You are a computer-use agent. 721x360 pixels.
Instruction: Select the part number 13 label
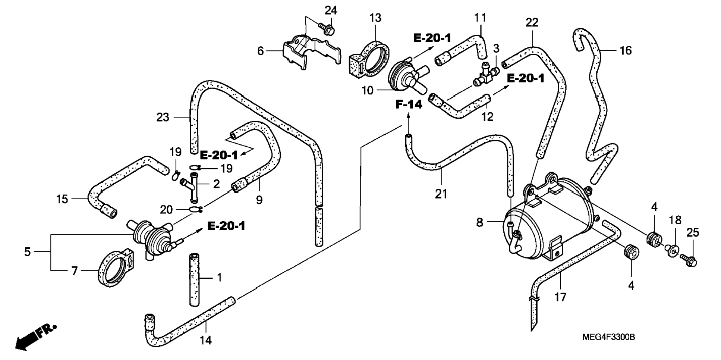(376, 18)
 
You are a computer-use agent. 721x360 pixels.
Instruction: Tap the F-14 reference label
(409, 105)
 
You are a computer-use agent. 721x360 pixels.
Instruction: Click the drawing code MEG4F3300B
(609, 337)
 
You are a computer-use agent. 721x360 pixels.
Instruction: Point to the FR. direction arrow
(35, 337)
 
